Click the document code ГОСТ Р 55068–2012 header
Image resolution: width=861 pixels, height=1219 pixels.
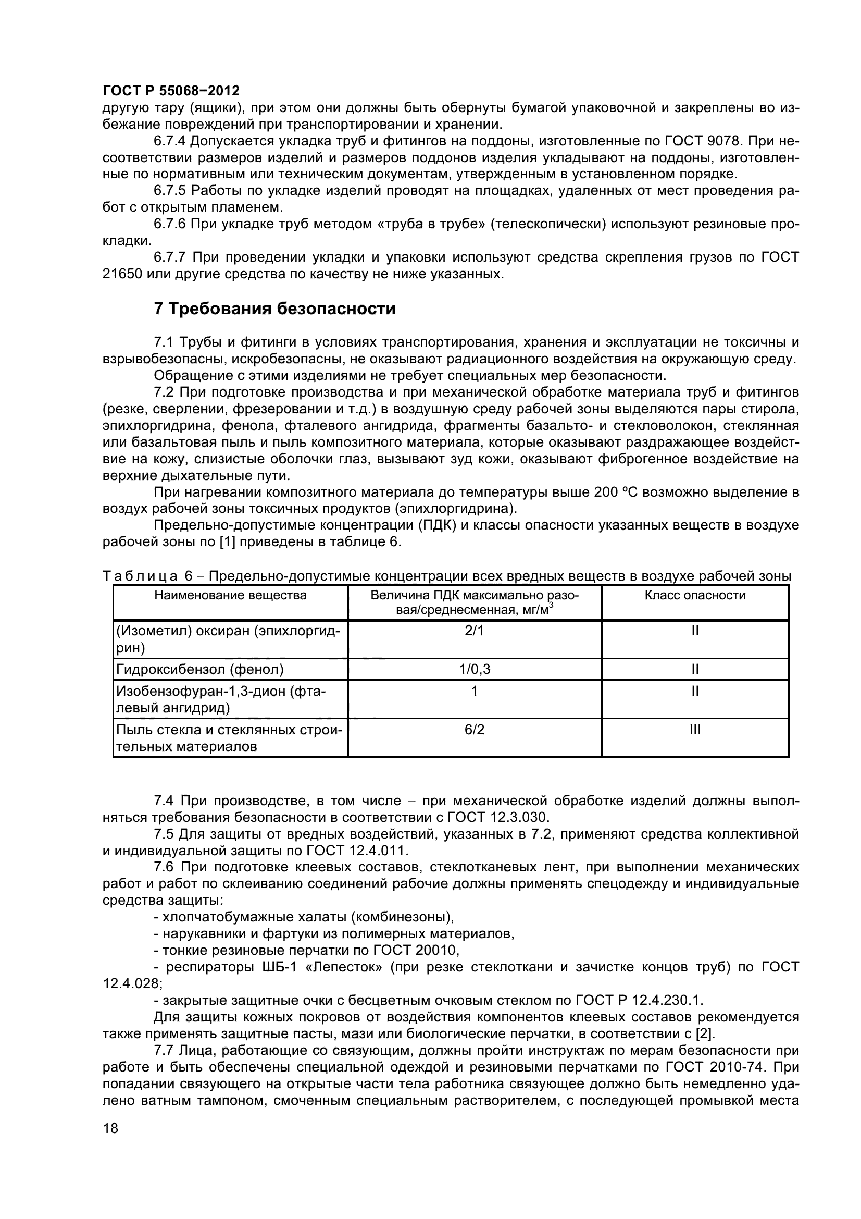point(171,90)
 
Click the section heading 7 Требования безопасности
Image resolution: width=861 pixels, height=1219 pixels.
point(274,309)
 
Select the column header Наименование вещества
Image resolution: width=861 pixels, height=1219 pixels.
point(230,595)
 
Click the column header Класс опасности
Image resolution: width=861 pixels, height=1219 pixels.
point(695,595)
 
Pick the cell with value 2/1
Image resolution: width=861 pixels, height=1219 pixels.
point(475,631)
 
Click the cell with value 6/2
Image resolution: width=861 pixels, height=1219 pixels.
point(475,730)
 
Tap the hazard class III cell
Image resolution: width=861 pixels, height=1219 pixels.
point(695,730)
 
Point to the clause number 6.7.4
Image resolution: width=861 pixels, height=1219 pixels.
point(169,141)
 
